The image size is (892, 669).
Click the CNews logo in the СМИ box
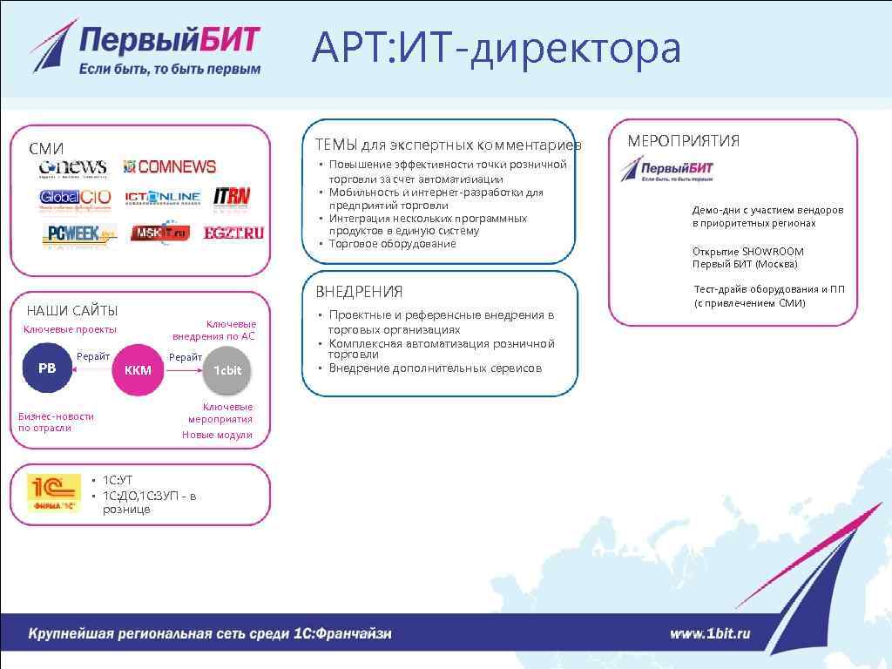click(x=72, y=167)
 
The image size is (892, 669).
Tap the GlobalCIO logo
click(x=75, y=199)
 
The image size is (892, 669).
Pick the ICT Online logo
click(x=162, y=199)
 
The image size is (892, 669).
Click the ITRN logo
click(x=232, y=199)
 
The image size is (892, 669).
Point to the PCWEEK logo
click(x=79, y=233)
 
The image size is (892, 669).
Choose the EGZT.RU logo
click(x=233, y=233)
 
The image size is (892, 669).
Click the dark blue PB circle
click(x=47, y=368)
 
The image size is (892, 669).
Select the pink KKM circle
click(x=138, y=370)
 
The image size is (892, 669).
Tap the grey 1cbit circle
click(x=227, y=370)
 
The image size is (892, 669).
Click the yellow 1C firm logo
click(x=53, y=493)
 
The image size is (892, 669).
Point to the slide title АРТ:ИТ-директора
click(x=496, y=49)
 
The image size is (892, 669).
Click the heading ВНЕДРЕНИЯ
click(x=359, y=292)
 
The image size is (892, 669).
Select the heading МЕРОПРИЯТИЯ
click(x=683, y=141)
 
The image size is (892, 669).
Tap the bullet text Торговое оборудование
click(x=392, y=244)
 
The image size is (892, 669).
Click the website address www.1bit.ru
click(x=710, y=633)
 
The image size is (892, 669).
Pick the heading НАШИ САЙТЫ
click(x=72, y=311)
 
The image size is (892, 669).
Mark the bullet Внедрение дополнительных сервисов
click(x=435, y=368)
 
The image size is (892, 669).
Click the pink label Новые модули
click(x=217, y=435)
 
